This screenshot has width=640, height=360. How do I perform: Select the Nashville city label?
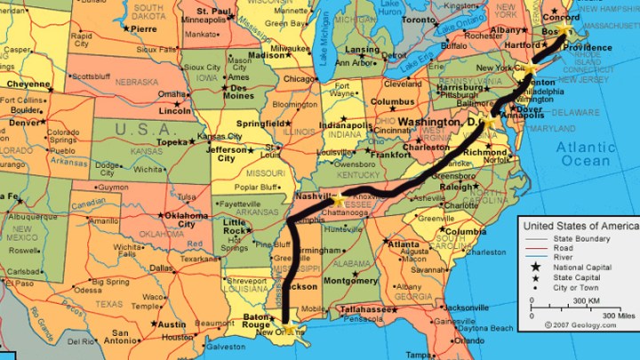314,195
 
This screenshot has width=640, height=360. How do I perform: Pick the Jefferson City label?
227,154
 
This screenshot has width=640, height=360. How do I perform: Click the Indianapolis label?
334,126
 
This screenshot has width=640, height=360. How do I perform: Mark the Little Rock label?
234,227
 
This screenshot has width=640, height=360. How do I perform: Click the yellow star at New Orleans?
287,330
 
